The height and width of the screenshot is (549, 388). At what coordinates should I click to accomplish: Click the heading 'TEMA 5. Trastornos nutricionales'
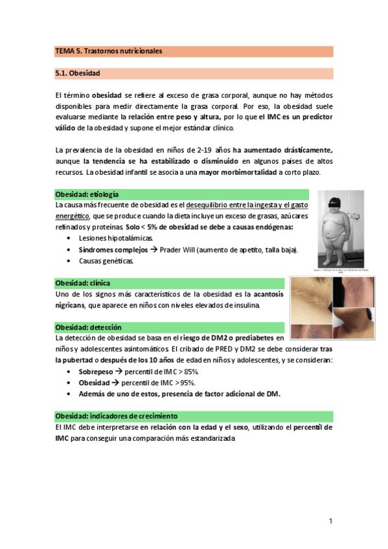pos(108,50)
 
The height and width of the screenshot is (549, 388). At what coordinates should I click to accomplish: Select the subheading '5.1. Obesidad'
pos(77,73)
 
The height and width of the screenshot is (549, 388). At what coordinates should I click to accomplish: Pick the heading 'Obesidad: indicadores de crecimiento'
pos(117,416)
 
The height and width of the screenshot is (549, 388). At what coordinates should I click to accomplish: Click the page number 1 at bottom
pos(330,521)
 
